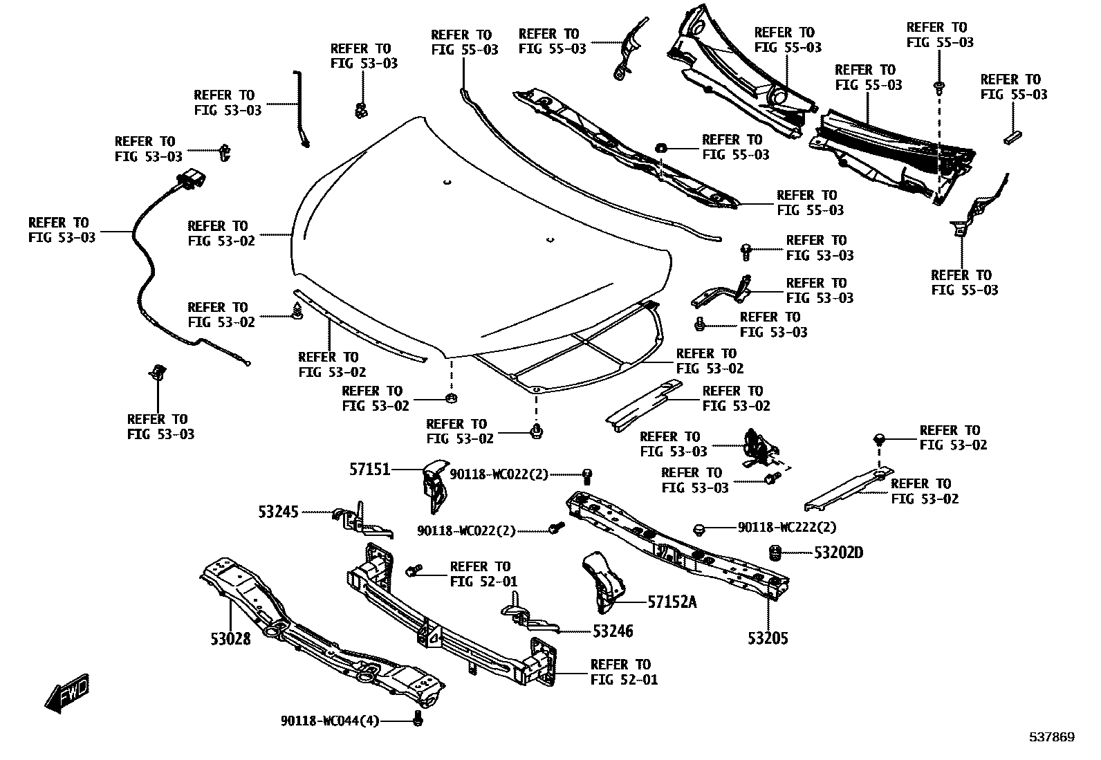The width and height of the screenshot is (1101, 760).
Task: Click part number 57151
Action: [369, 470]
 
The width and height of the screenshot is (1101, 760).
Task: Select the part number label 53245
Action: [279, 512]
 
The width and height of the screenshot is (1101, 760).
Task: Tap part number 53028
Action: [230, 638]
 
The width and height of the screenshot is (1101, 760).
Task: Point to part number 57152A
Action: [672, 602]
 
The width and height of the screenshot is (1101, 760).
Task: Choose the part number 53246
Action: [613, 631]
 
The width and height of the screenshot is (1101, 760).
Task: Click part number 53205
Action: [767, 638]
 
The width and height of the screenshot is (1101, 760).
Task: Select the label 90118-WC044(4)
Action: [330, 721]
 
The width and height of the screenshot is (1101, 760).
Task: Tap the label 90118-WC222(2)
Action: [787, 528]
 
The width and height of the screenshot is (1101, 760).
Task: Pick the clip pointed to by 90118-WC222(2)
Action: [698, 530]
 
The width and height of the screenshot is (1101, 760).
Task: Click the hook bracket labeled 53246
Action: [526, 617]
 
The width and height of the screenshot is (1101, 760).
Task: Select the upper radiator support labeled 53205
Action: [678, 546]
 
